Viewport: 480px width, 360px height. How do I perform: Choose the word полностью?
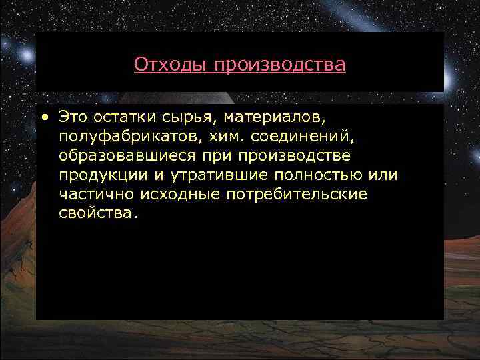(x=309, y=175)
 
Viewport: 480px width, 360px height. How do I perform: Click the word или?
(x=383, y=175)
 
